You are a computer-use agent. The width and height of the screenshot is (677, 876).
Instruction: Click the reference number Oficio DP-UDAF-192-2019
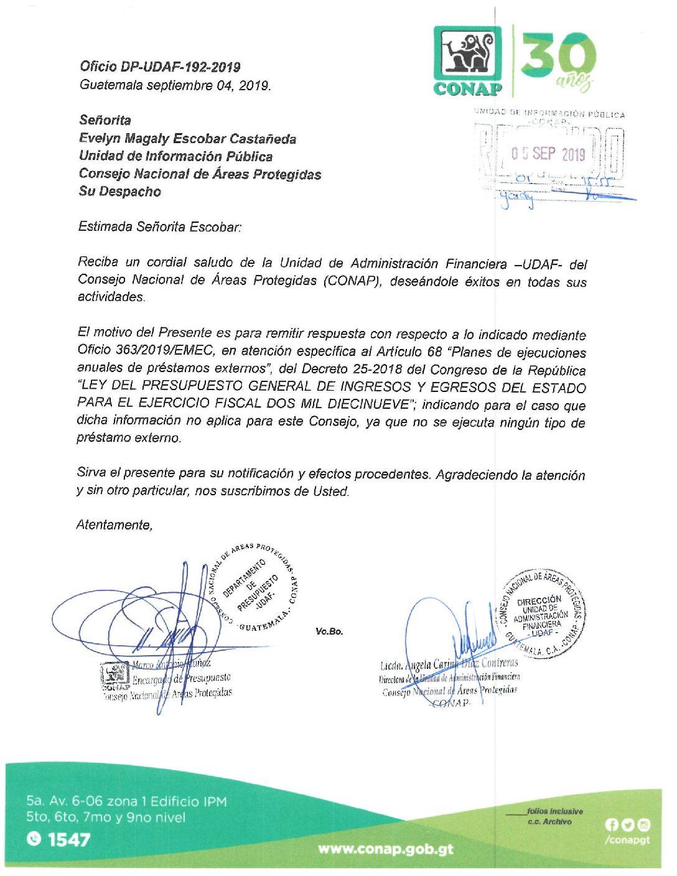pyautogui.click(x=160, y=67)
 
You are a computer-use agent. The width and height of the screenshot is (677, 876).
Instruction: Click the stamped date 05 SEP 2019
pyautogui.click(x=548, y=154)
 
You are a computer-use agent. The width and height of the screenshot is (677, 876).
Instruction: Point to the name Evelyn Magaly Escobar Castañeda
pyautogui.click(x=187, y=139)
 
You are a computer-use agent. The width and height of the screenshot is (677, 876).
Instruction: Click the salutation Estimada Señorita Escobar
pyautogui.click(x=159, y=227)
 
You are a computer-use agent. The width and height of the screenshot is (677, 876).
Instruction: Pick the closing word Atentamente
pyautogui.click(x=114, y=525)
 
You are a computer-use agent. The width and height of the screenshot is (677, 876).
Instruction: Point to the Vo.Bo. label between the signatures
pyautogui.click(x=329, y=631)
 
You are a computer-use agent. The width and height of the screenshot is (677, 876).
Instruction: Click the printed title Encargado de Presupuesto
pyautogui.click(x=181, y=678)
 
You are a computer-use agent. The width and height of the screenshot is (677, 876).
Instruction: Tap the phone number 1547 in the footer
pyautogui.click(x=68, y=840)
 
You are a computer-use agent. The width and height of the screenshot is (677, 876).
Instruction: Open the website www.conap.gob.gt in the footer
pyautogui.click(x=386, y=849)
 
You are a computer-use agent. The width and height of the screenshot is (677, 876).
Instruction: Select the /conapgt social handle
pyautogui.click(x=627, y=839)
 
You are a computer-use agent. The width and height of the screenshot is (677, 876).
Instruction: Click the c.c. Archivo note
pyautogui.click(x=549, y=822)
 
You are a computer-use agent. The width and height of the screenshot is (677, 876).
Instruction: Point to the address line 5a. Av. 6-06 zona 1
pyautogui.click(x=126, y=801)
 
